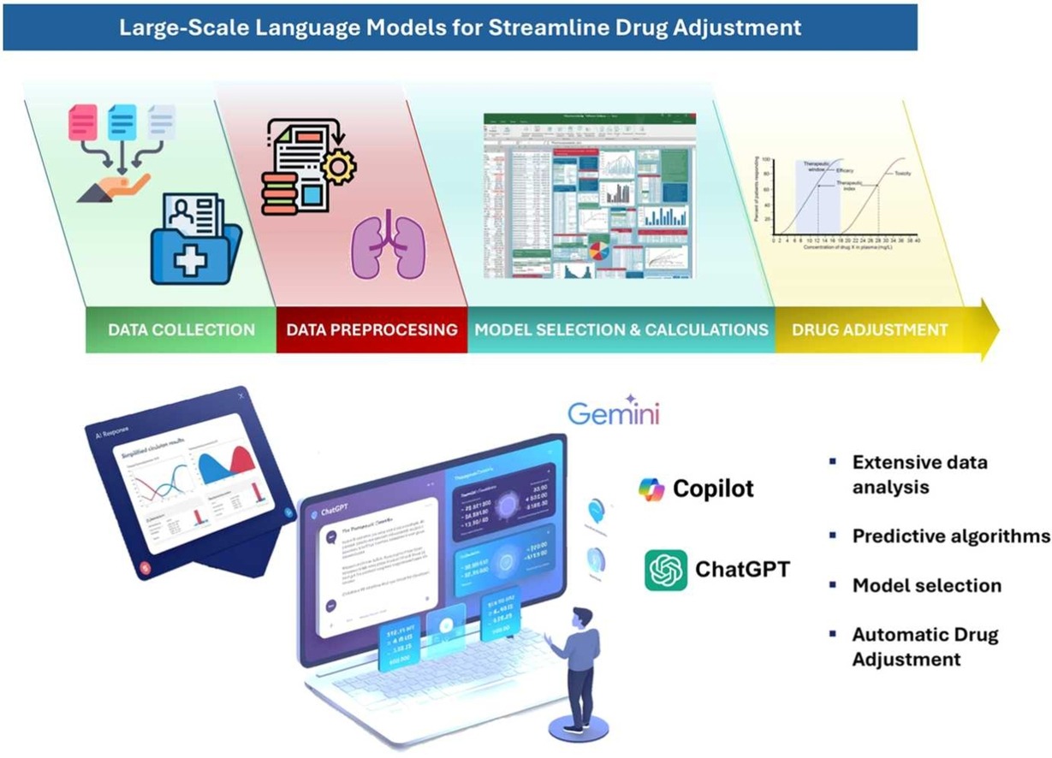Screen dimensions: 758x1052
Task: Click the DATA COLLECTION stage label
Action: click(x=181, y=329)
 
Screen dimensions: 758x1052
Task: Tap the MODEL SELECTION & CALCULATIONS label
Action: click(x=621, y=329)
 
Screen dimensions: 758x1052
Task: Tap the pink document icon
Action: click(x=83, y=122)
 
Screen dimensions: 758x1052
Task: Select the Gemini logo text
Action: click(x=614, y=415)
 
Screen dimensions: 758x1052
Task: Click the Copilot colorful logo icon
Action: click(x=652, y=489)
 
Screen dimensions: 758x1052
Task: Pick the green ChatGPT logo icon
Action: click(x=665, y=570)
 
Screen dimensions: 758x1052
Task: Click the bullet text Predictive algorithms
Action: click(x=950, y=536)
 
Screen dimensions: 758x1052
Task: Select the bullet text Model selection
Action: click(x=926, y=585)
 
